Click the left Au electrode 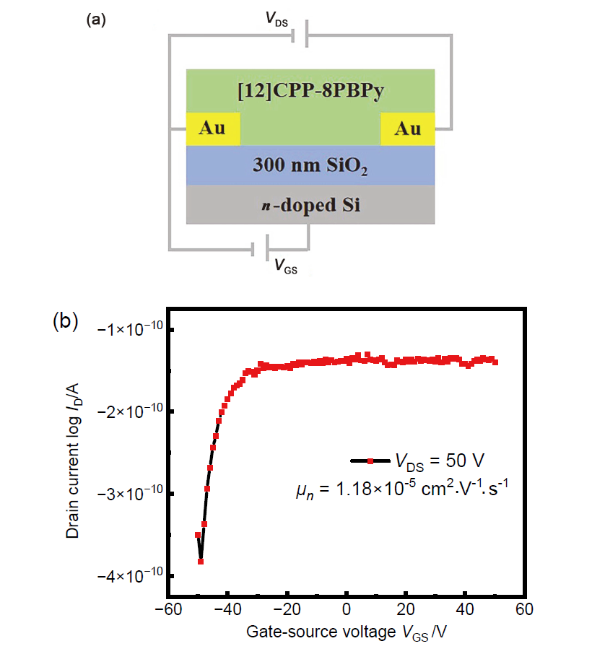[212, 129]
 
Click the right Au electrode [408, 129]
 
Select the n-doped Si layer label [310, 205]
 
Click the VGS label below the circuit [286, 267]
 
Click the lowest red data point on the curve [200, 561]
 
